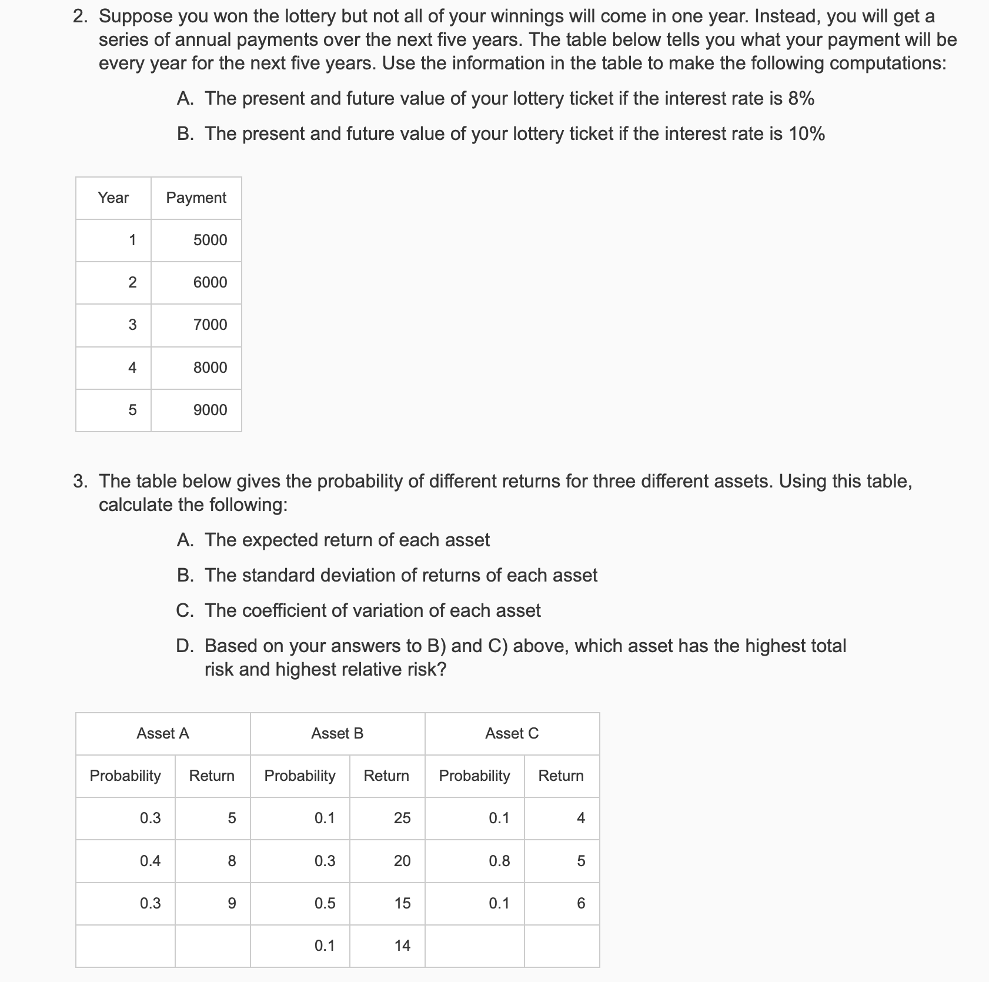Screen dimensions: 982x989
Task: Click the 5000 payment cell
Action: (210, 240)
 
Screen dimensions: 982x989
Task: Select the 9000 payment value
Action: (210, 410)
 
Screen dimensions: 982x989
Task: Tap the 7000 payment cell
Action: (210, 325)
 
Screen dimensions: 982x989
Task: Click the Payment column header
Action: (196, 198)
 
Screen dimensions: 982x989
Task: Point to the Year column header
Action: (113, 198)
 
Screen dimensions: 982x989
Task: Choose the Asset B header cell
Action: (337, 733)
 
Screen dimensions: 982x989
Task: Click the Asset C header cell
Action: (512, 733)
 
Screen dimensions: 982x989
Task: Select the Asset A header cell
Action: (163, 733)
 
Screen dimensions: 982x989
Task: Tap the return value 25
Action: (402, 818)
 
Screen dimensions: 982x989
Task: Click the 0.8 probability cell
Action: (499, 861)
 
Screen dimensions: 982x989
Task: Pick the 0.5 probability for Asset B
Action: (325, 903)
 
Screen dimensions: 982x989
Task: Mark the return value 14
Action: (402, 946)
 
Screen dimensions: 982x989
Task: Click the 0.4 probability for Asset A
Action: (150, 861)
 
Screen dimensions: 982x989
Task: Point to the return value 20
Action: (402, 861)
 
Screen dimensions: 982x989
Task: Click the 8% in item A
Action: (801, 99)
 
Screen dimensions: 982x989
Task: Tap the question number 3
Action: (81, 482)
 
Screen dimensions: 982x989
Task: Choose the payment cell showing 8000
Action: (210, 368)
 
